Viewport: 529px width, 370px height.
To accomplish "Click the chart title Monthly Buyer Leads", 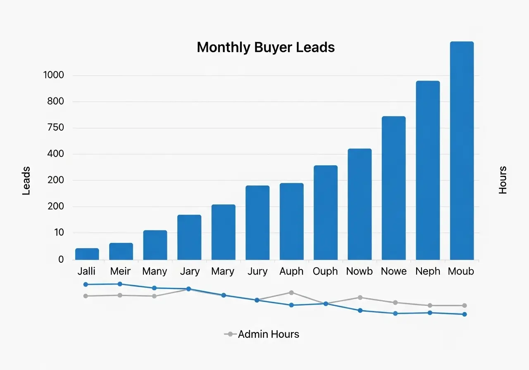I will [x=266, y=47].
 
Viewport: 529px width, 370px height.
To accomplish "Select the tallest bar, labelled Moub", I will [x=462, y=151].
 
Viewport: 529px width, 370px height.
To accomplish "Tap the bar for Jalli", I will [x=87, y=254].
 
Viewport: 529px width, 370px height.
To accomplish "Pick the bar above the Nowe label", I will [x=393, y=188].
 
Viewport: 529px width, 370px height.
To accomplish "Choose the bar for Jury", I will [x=257, y=223].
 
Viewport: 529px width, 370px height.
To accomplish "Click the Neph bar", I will [x=428, y=170].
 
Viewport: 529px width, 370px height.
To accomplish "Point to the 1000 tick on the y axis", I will [x=53, y=75].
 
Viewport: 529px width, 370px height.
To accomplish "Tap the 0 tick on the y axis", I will [x=61, y=259].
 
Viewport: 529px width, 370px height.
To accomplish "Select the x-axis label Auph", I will [x=291, y=271].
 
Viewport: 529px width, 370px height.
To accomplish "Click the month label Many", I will [x=155, y=271].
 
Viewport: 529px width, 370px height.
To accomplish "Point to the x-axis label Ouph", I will [x=325, y=271].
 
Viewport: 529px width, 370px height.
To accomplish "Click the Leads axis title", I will [x=26, y=180].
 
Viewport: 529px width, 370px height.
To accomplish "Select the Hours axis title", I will [x=503, y=180].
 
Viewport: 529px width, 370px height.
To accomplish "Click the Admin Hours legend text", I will [x=269, y=334].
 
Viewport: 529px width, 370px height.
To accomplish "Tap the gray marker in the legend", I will [x=230, y=334].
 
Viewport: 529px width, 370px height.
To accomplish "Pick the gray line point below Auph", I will [x=291, y=292].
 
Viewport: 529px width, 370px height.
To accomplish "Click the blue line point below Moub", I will [x=465, y=314].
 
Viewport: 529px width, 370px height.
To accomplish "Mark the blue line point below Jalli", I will [x=86, y=285].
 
